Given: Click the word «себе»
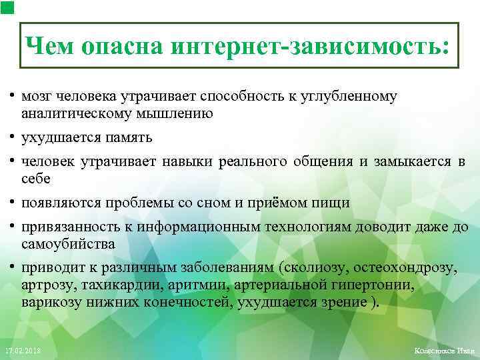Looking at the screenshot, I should click(x=35, y=179).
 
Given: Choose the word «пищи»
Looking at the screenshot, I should click(x=334, y=203).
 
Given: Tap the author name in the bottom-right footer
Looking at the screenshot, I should click(x=443, y=351).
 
